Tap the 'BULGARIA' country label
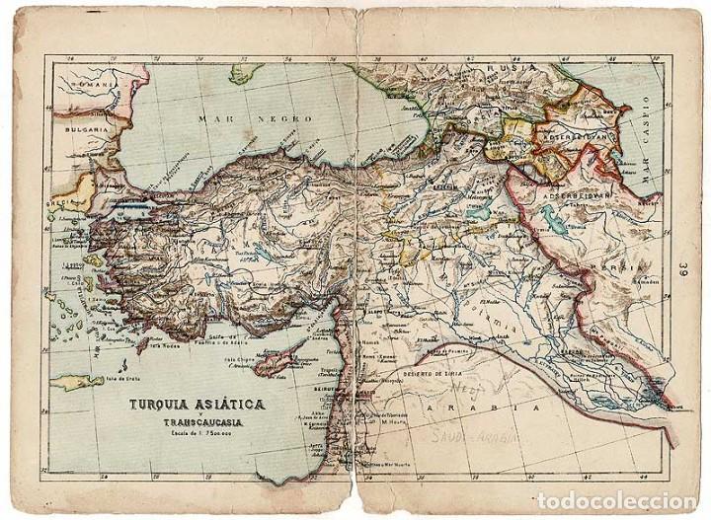86,156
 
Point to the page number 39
684,267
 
